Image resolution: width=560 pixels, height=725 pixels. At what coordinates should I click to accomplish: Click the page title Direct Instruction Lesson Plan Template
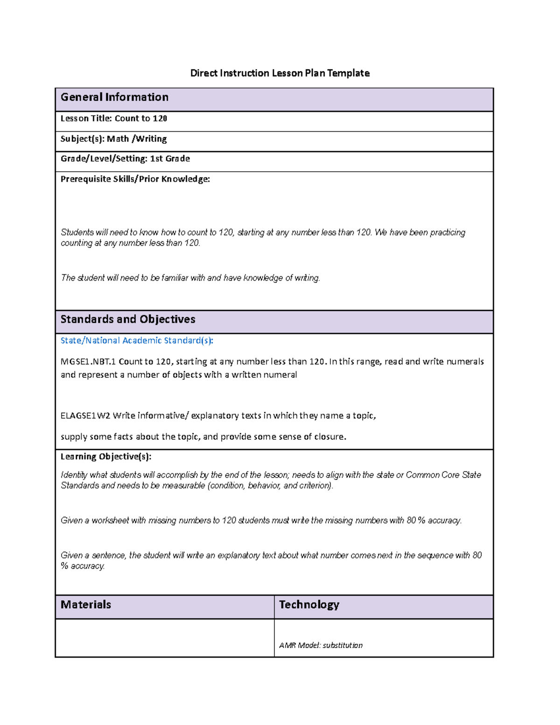(280, 73)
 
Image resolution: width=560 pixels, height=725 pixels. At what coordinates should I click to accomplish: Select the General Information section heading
(114, 97)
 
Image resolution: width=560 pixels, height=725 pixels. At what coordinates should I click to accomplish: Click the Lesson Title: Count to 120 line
(114, 119)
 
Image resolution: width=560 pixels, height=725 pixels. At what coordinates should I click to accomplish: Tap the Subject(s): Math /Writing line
(113, 139)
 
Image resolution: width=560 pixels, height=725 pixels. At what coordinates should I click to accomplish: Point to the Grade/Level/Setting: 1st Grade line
(125, 159)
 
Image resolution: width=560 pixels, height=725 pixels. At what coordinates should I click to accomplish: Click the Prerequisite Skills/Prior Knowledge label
(135, 179)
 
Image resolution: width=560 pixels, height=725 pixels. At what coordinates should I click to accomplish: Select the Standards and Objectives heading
(128, 319)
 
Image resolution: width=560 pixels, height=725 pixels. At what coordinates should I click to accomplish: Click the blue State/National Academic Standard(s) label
(137, 341)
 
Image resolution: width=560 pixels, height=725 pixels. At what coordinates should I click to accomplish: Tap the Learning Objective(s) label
(106, 457)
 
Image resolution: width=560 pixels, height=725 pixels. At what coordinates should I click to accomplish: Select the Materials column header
(86, 605)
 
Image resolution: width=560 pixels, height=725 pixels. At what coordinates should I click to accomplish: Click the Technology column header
(309, 605)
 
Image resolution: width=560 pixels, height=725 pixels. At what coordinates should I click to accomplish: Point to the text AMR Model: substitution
(321, 646)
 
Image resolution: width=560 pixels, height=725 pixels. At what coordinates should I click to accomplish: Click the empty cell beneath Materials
(165, 638)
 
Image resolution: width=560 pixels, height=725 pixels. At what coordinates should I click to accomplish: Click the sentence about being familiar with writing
(190, 278)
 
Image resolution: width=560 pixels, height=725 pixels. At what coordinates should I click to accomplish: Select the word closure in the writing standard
(329, 437)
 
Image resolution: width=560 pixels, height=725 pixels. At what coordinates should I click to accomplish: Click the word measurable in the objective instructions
(183, 486)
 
